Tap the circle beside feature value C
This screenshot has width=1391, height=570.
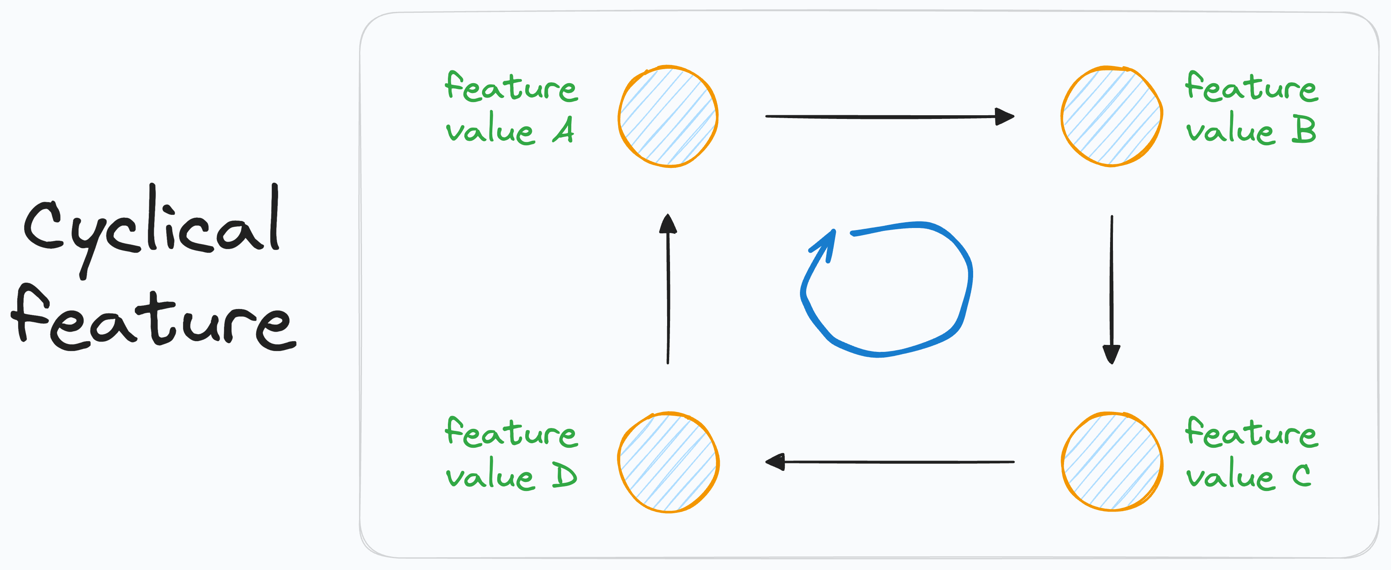coord(1112,462)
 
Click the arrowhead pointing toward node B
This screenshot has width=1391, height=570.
coord(1004,116)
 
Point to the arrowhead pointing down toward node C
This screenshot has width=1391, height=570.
coord(1111,354)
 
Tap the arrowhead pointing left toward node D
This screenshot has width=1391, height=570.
coord(775,462)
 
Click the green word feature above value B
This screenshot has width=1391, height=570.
coord(1251,88)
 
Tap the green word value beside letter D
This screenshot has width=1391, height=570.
coord(490,475)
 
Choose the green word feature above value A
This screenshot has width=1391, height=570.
coord(511,88)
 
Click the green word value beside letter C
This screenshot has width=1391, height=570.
coord(1230,475)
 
